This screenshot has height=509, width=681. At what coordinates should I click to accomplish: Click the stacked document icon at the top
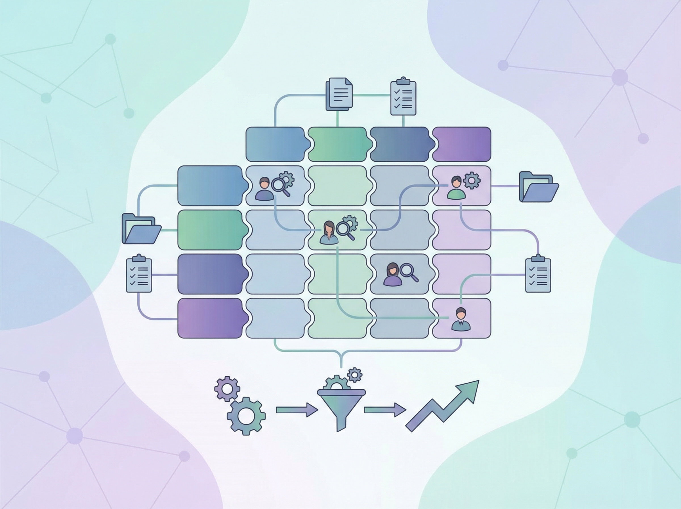[x=339, y=94]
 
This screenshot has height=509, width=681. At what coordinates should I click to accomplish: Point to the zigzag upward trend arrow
[x=443, y=405]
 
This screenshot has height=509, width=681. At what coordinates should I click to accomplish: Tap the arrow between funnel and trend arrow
[x=385, y=410]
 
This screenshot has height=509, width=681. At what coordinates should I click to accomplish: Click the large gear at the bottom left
[x=246, y=416]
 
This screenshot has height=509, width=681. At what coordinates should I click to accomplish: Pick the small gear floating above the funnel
[x=354, y=375]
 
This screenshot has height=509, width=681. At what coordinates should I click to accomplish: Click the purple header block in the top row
[x=461, y=144]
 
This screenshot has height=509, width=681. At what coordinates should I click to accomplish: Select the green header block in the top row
[x=337, y=144]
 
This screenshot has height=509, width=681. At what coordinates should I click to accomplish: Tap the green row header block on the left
[x=211, y=230]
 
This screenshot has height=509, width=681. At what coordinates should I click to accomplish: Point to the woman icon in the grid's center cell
[x=329, y=233]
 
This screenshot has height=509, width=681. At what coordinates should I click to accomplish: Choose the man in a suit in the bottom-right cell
[x=460, y=319]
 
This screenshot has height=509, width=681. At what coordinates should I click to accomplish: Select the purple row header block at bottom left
[x=211, y=318]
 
